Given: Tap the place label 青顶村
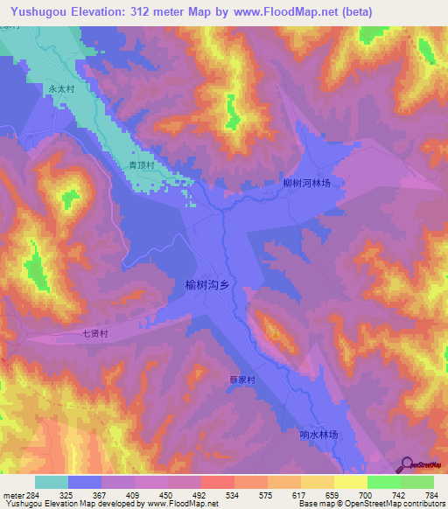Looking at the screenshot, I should [x=142, y=164].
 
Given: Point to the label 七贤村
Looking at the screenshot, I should [x=94, y=333].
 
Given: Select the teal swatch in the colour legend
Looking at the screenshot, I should [x=52, y=482].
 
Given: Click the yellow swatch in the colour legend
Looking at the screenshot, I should [x=351, y=482].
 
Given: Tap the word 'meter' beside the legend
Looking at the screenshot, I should [x=13, y=494].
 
